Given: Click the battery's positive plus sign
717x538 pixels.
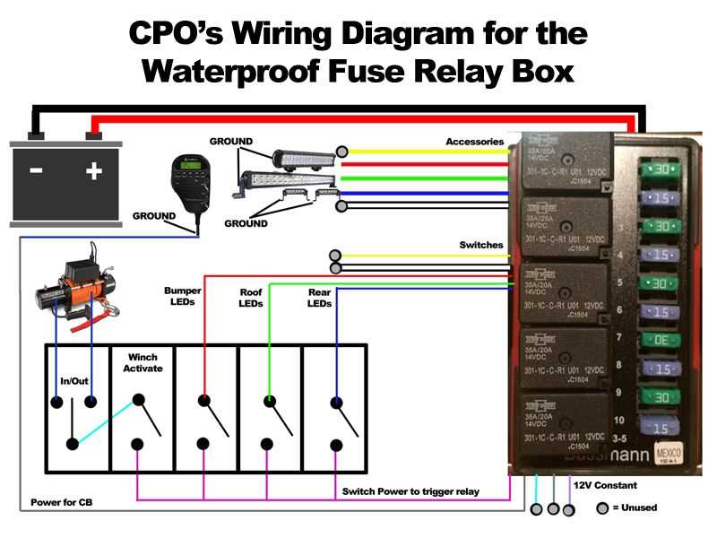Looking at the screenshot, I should click(93, 169).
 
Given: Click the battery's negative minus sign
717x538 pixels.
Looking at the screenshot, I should click(36, 169).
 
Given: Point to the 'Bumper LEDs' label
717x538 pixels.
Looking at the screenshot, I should click(183, 297).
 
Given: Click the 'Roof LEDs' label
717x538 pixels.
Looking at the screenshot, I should click(251, 298).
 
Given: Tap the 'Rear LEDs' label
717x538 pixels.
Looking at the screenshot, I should click(319, 298).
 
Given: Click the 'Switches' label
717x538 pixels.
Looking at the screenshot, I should click(481, 245).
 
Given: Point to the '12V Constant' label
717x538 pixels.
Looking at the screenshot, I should click(605, 485).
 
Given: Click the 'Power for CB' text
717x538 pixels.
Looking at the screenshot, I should click(61, 502).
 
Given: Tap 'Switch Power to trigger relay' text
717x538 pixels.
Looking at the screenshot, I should click(410, 491).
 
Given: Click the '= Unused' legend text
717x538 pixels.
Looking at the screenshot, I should click(635, 508).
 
